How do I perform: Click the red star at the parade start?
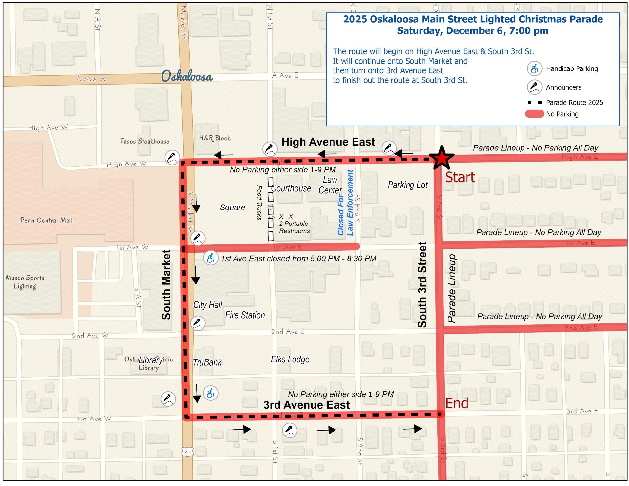442,158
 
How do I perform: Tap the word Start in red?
460,177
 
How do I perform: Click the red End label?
456,403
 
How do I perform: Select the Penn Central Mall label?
46,220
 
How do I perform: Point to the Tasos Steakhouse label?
144,141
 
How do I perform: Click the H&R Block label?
215,138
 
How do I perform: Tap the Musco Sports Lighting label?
25,282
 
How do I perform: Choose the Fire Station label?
245,315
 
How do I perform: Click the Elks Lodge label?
290,360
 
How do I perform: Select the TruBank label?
207,362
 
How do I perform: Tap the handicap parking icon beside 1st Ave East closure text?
211,258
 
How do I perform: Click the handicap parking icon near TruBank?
210,393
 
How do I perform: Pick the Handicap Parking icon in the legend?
534,69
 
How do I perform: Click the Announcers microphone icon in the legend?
534,87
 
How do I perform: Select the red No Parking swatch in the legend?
534,114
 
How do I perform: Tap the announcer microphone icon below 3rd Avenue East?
290,430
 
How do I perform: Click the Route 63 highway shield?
187,453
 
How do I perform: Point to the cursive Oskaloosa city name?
187,76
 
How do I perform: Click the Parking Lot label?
407,185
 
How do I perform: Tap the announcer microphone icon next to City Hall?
198,323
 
